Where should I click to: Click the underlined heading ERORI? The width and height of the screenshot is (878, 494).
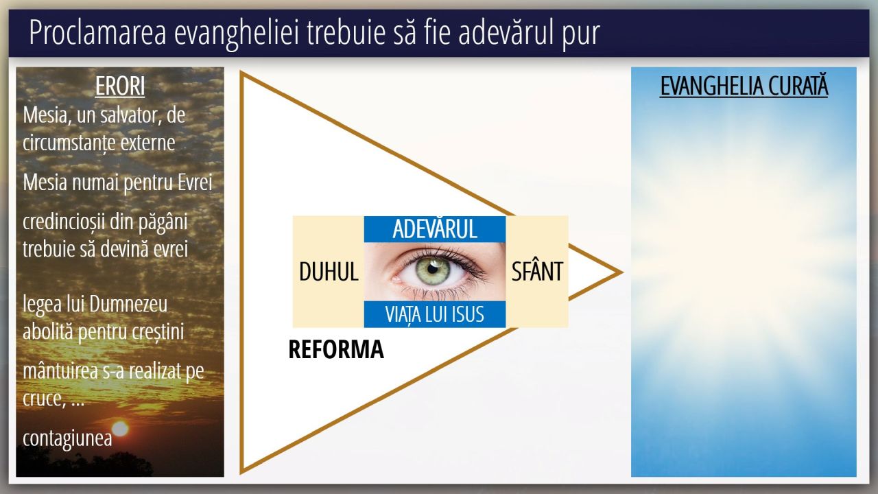point(120,86)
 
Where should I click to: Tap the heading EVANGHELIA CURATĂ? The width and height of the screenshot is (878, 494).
point(744,86)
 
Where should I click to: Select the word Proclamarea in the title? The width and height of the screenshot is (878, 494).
point(98,33)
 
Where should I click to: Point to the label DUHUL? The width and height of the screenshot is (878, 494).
point(329,271)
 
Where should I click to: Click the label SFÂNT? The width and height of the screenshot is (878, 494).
point(537,271)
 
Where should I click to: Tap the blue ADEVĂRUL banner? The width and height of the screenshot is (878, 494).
point(435,229)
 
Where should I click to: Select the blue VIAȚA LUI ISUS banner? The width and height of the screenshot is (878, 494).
point(435,314)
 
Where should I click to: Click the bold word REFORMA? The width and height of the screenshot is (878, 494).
point(336,349)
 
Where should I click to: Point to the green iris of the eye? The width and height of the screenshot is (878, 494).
point(432,270)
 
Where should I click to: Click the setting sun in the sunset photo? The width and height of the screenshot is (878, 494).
point(120,429)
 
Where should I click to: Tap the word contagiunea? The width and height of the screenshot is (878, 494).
point(67,438)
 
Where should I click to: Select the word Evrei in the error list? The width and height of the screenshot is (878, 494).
point(195,183)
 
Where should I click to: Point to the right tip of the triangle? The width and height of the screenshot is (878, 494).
point(622,272)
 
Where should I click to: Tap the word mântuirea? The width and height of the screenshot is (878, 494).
point(60,370)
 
